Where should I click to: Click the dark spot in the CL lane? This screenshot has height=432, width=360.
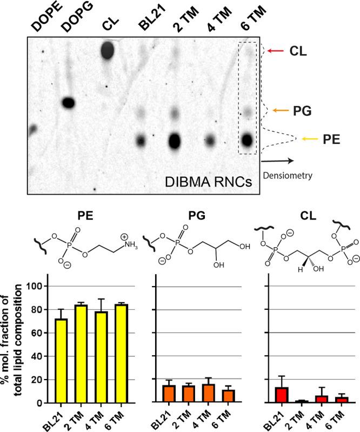click(x=108, y=51)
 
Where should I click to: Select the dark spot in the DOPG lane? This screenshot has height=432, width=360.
click(x=69, y=102)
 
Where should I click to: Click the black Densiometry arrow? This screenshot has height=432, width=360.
click(x=279, y=160)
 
